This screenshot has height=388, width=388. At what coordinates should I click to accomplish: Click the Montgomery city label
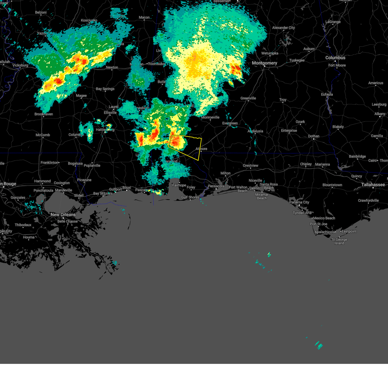click(x=264, y=63)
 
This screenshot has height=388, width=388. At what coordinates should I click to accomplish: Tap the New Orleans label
click(x=63, y=215)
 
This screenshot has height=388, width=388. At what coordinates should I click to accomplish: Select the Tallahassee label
click(x=373, y=185)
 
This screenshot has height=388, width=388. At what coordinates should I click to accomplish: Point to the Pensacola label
click(x=216, y=186)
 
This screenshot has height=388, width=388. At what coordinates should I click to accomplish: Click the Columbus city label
click(x=335, y=58)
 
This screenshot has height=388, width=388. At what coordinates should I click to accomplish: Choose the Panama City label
click(x=299, y=202)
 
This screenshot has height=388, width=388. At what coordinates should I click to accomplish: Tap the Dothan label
click(x=313, y=136)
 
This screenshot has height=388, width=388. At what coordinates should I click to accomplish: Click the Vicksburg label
click(x=20, y=65)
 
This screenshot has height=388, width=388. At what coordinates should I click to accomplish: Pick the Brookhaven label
click(x=44, y=114)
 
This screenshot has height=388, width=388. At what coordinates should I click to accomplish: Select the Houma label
click(x=29, y=237)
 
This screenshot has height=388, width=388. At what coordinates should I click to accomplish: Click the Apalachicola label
click(x=325, y=232)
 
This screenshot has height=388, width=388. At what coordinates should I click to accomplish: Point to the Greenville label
click(x=248, y=98)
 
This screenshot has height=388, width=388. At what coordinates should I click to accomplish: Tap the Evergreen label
click(x=230, y=123)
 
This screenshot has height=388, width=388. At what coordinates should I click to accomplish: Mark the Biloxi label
click(x=126, y=188)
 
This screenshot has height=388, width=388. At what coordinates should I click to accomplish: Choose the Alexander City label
click(x=283, y=28)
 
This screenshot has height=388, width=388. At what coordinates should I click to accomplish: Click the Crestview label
click(x=251, y=166)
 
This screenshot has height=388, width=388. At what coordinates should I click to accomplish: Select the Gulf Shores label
click(x=190, y=197)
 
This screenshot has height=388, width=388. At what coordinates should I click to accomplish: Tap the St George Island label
click(x=339, y=241)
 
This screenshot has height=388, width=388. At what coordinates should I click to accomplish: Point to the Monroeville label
click(x=210, y=117)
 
